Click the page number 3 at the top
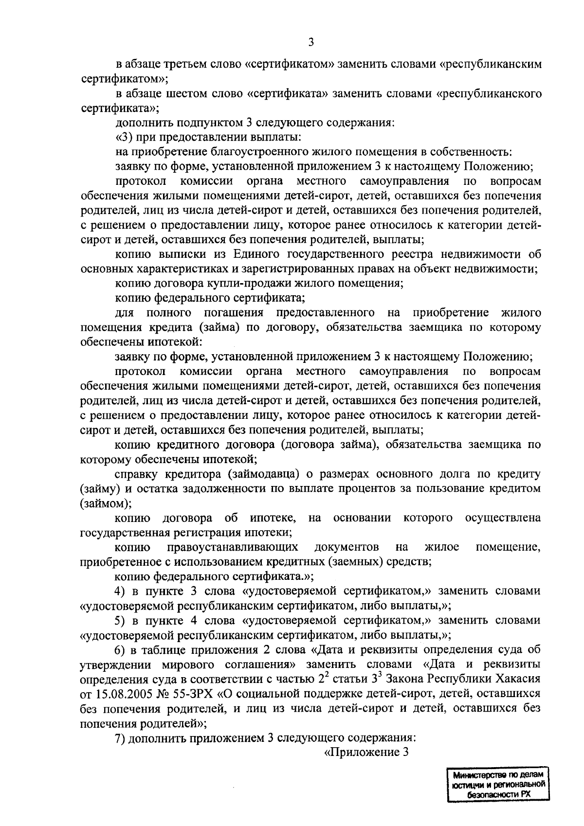[311, 42]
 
